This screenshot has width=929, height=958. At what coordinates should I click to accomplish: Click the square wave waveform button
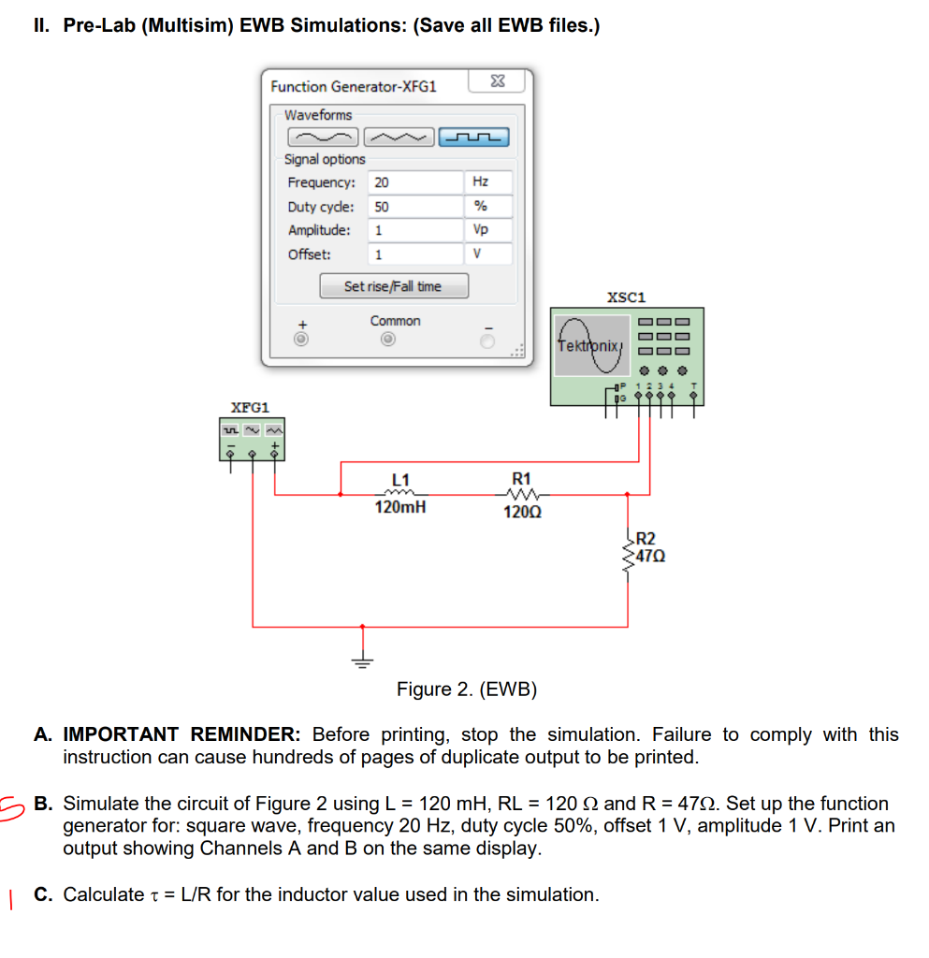pos(474,138)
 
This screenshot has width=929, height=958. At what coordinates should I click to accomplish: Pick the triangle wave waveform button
pos(399,138)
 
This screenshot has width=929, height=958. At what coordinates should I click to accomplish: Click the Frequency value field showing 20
pos(415,182)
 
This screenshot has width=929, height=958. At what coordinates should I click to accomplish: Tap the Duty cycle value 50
pos(415,207)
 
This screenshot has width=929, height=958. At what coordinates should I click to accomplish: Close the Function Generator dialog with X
pos(498,83)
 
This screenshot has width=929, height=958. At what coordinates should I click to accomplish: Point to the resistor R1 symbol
pos(516,495)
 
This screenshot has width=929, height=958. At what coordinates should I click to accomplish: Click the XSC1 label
pos(626,297)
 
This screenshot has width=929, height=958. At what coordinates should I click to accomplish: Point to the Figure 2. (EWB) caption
pos(467,689)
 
